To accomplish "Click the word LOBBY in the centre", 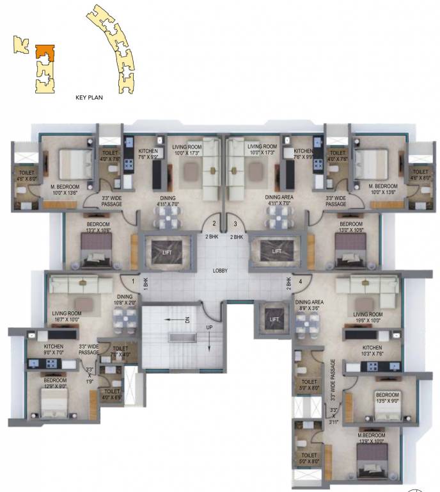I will pos(221,270).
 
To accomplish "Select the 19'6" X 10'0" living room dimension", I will pos(368,317).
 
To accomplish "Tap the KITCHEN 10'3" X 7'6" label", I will pos(367,350).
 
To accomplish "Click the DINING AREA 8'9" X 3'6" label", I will pos(309,304).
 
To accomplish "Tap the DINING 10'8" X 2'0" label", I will pos(125,299).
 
